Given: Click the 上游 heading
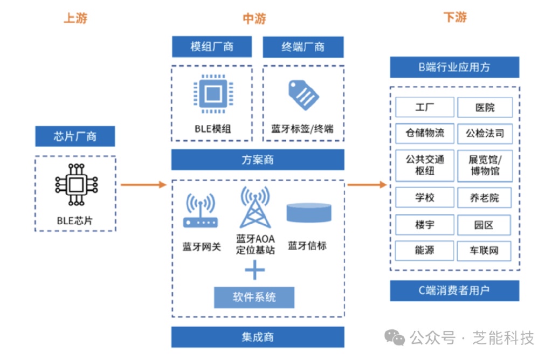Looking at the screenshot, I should [x=75, y=18].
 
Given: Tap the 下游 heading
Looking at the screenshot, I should [x=454, y=17].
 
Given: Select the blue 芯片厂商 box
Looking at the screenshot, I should [x=75, y=136].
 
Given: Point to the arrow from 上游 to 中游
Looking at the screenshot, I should [x=143, y=185].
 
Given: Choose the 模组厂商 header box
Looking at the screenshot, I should [x=212, y=47].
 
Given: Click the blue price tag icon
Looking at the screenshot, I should [x=303, y=95].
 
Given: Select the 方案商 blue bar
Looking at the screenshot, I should [x=258, y=160].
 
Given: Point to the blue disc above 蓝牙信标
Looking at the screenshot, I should [x=308, y=212].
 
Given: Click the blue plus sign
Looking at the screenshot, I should [x=254, y=269].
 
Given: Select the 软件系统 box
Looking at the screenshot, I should [x=254, y=297].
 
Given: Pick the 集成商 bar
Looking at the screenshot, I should [x=258, y=337].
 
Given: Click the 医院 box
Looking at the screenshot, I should [x=485, y=107].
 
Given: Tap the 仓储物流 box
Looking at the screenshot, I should [x=425, y=133].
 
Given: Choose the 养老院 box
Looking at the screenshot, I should [x=485, y=198].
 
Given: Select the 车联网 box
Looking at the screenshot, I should [x=485, y=251].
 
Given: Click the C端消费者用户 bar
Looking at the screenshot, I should [x=454, y=290].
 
